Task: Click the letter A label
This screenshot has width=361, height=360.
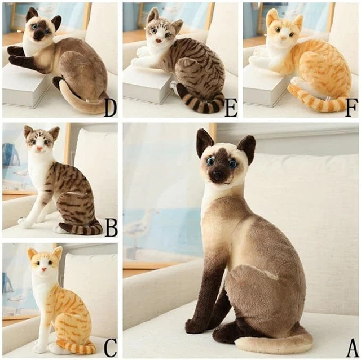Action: [x=351, y=345]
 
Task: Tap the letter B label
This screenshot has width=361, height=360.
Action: [x=111, y=227]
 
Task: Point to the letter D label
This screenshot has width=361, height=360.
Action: [x=111, y=107]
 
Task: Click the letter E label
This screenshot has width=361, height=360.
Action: [x=231, y=107]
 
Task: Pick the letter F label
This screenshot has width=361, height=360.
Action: [x=351, y=107]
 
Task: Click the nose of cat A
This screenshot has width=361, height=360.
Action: [x=217, y=175]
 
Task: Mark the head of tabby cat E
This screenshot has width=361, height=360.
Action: [x=161, y=30]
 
